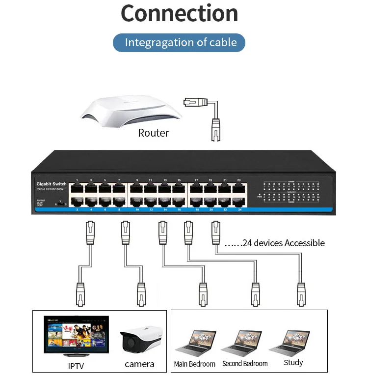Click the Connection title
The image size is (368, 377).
click(179, 14)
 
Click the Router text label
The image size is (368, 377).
click(153, 133)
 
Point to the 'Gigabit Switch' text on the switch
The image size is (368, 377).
click(52, 184)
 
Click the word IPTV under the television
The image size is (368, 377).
click(76, 366)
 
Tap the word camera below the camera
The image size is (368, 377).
click(139, 364)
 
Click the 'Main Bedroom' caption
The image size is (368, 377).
click(195, 364)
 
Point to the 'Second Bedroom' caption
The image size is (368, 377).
click(245, 364)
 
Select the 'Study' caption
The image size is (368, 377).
click(293, 363)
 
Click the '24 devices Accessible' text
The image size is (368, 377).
click(275, 243)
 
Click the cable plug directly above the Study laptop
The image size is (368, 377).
click(301, 293)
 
